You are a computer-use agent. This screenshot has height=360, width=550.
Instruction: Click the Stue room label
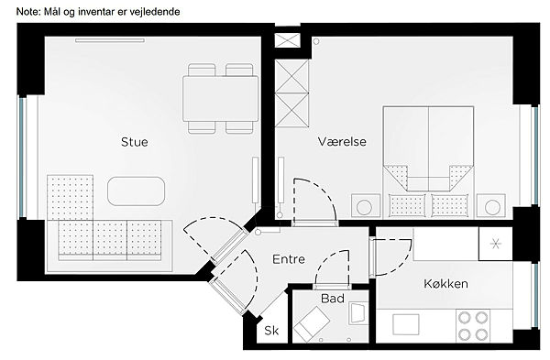tap(135, 142)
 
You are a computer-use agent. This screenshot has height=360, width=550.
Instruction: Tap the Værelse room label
tap(342, 142)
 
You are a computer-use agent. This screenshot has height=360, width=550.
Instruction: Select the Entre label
tap(289, 259)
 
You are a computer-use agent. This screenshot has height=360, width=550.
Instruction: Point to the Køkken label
tap(445, 283)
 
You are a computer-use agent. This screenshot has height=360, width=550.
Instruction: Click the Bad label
tap(333, 299)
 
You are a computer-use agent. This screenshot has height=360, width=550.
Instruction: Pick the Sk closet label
tap(271, 330)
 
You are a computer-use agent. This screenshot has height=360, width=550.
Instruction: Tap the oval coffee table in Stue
tap(136, 191)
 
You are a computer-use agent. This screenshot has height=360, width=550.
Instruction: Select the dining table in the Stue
tap(221, 99)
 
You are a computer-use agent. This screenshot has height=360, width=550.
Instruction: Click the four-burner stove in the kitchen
tap(473, 325)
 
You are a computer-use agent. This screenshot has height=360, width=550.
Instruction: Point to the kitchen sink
tap(406, 324)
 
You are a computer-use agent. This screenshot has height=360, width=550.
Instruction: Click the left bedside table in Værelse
tap(366, 206)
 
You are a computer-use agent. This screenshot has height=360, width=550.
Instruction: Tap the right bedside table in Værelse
tap(491, 206)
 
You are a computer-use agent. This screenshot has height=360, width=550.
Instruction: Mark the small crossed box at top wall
tap(288, 40)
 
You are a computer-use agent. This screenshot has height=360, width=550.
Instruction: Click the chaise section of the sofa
tap(71, 197)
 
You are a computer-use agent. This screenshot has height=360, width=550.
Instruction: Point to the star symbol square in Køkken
tap(496, 244)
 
